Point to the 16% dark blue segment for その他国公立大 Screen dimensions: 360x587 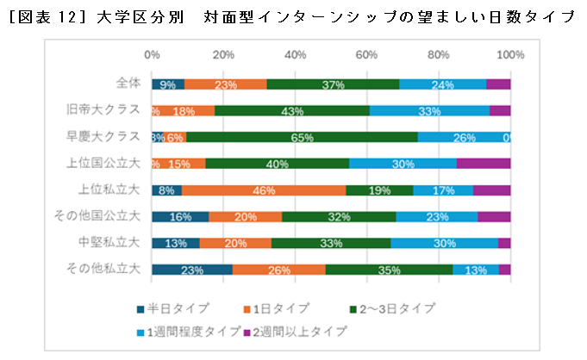pyautogui.click(x=180, y=217)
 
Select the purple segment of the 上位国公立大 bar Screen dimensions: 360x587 pyautogui.click(x=484, y=164)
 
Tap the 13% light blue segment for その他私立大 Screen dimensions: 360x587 pyautogui.click(x=476, y=270)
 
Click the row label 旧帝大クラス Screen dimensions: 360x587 pyautogui.click(x=103, y=110)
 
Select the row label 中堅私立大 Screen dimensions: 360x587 pyautogui.click(x=110, y=243)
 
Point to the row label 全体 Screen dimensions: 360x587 pyautogui.click(x=128, y=84)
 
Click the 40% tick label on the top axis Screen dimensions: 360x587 pyautogui.click(x=296, y=55)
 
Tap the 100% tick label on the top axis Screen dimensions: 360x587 pyautogui.click(x=511, y=55)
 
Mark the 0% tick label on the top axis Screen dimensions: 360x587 pyautogui.click(x=152, y=55)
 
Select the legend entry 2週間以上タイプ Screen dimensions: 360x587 pyautogui.click(x=299, y=331)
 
